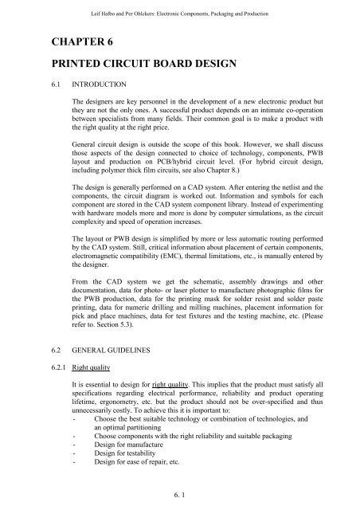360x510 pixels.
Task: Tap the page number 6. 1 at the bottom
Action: (x=180, y=494)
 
